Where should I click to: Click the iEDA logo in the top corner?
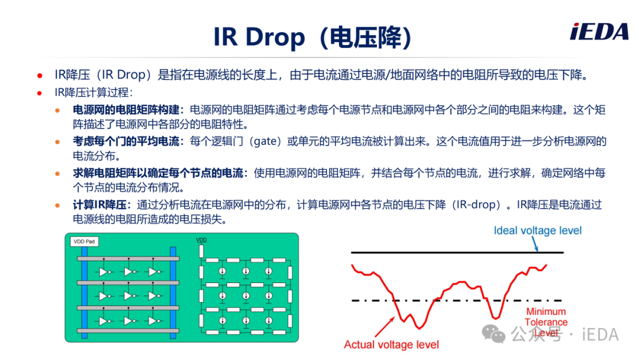[x=599, y=32]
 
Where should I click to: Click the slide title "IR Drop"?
[x=259, y=37]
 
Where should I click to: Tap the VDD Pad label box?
[x=84, y=242]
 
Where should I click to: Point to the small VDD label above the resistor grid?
[x=201, y=240]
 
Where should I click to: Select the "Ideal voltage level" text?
[x=537, y=230]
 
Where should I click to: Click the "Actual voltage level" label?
[x=391, y=345]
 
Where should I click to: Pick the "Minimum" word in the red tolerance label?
[x=546, y=311]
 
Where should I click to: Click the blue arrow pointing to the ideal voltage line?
[x=535, y=243]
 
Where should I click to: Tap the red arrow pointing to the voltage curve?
[x=385, y=327]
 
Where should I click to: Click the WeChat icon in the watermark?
[x=493, y=334]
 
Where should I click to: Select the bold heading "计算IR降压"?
[x=102, y=205]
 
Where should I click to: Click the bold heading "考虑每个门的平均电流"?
[x=126, y=142]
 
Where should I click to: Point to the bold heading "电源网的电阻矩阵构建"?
[x=126, y=110]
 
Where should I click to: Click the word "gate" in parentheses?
[x=265, y=142]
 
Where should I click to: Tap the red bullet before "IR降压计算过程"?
[x=40, y=93]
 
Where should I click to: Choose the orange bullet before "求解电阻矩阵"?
[x=57, y=173]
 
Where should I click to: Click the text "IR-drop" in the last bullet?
[x=476, y=205]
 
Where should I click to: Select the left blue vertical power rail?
[x=85, y=292]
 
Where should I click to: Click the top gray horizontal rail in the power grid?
[x=128, y=259]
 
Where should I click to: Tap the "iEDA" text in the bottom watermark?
[x=600, y=335]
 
